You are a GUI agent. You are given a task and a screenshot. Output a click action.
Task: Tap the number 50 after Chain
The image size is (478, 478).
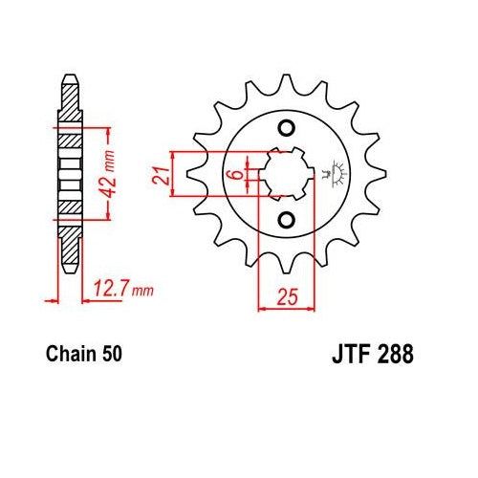[111, 355]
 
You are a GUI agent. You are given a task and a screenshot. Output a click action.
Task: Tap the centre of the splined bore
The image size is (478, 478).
[285, 174]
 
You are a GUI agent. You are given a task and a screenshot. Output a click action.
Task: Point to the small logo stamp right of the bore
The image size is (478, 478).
[334, 174]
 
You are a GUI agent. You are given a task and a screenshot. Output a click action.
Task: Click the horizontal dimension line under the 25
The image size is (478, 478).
[285, 307]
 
